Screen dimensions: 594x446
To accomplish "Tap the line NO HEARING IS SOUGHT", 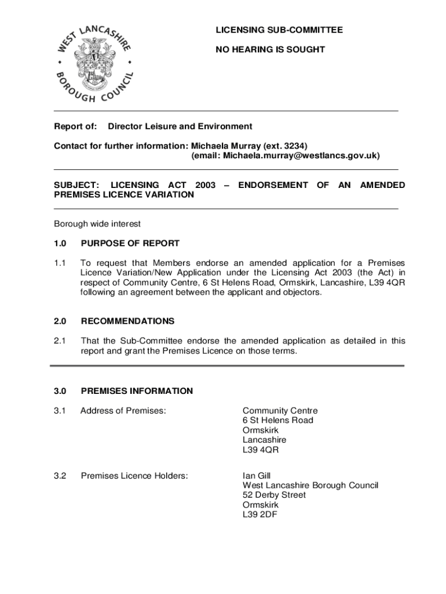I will coord(270,50).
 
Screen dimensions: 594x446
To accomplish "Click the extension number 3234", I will coord(293,145).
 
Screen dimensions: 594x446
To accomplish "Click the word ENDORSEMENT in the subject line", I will coord(273,185).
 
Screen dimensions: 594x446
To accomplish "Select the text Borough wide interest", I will coord(97,224).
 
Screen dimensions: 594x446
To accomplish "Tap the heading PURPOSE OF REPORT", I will coord(130,244).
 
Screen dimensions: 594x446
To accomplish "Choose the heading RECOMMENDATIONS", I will coord(127,321).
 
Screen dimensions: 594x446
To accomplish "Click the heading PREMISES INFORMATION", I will coord(137,391).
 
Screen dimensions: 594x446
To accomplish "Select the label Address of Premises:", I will coord(123,411).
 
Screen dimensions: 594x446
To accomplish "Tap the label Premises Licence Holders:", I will coord(134,476).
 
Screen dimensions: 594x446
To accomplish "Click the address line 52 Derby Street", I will coord(274,495).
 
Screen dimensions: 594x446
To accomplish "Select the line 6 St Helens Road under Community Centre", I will coord(278,420).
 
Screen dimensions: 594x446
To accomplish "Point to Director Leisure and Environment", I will coord(180,126).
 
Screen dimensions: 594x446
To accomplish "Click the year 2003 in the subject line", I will coord(206,185).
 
